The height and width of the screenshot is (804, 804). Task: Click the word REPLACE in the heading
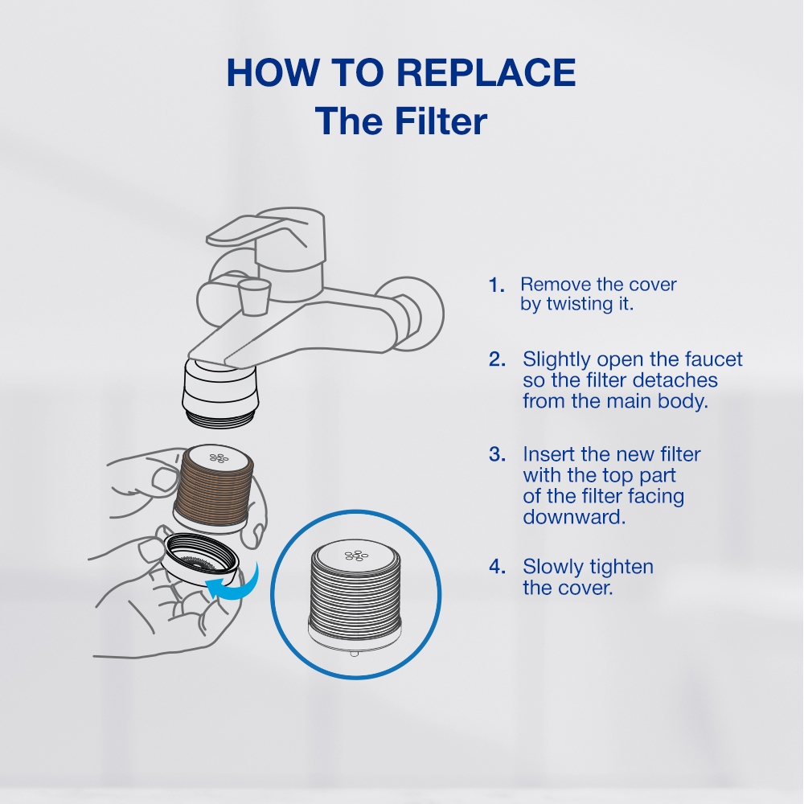pos(486,72)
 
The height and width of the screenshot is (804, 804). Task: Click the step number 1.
pos(496,285)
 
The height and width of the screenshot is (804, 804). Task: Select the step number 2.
pos(497,359)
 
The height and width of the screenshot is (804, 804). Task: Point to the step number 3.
pos(497,454)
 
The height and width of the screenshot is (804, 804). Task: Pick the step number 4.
pos(497,567)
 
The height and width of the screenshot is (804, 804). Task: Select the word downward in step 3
pos(574,517)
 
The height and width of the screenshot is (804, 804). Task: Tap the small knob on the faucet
pos(254,297)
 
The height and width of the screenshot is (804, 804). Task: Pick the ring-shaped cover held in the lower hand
pos(200,559)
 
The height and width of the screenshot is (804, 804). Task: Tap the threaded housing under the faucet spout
pos(220,392)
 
